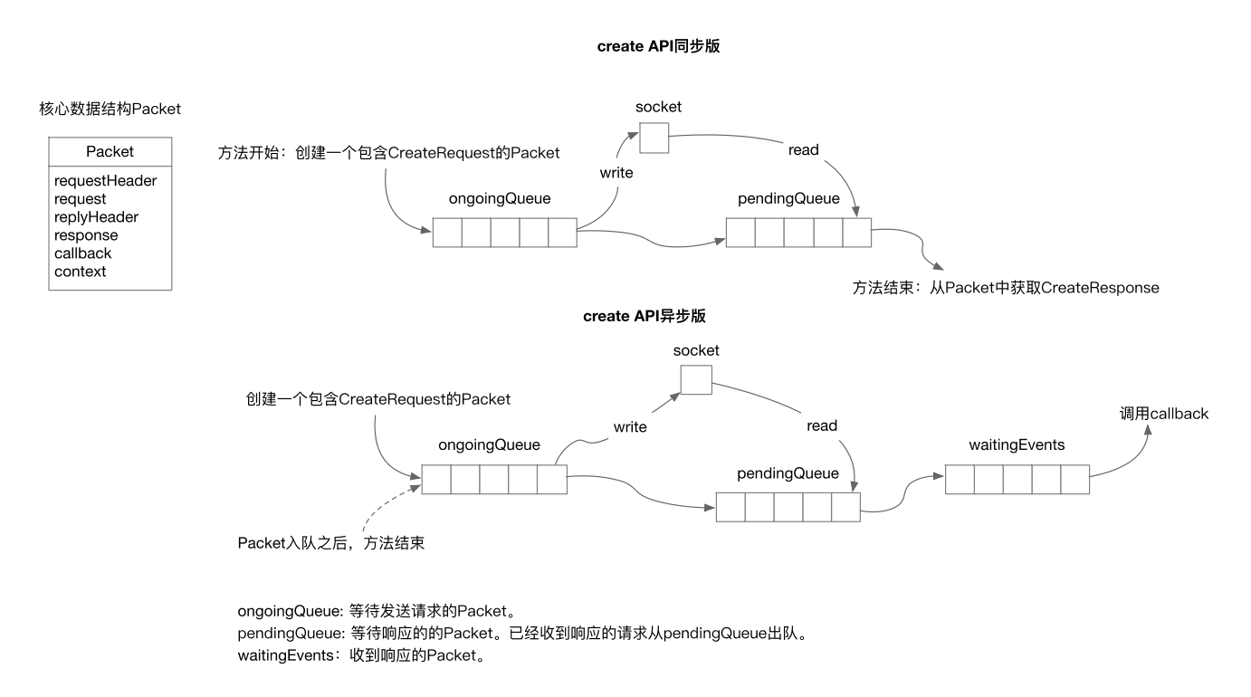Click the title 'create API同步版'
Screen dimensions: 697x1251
658,47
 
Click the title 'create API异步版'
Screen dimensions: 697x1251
644,316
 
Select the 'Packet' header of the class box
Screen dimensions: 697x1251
110,152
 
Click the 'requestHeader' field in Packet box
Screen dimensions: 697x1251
105,181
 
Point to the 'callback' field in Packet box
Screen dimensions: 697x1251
82,253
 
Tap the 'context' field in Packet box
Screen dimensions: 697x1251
80,272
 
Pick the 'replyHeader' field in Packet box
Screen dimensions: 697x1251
96,217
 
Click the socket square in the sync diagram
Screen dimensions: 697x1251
654,139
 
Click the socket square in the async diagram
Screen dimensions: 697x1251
696,380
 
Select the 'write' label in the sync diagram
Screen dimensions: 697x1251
616,171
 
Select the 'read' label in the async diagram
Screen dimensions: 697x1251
822,425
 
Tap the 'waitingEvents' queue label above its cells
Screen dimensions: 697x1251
1017,444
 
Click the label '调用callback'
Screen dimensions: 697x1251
1163,414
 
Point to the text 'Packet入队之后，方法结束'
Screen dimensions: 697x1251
331,543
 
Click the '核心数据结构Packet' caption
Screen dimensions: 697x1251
110,109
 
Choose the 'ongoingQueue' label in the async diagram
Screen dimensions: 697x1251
489,444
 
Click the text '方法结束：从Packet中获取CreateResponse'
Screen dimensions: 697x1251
1005,288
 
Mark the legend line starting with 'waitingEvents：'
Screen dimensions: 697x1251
361,656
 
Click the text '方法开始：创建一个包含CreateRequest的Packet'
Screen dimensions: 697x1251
388,152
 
